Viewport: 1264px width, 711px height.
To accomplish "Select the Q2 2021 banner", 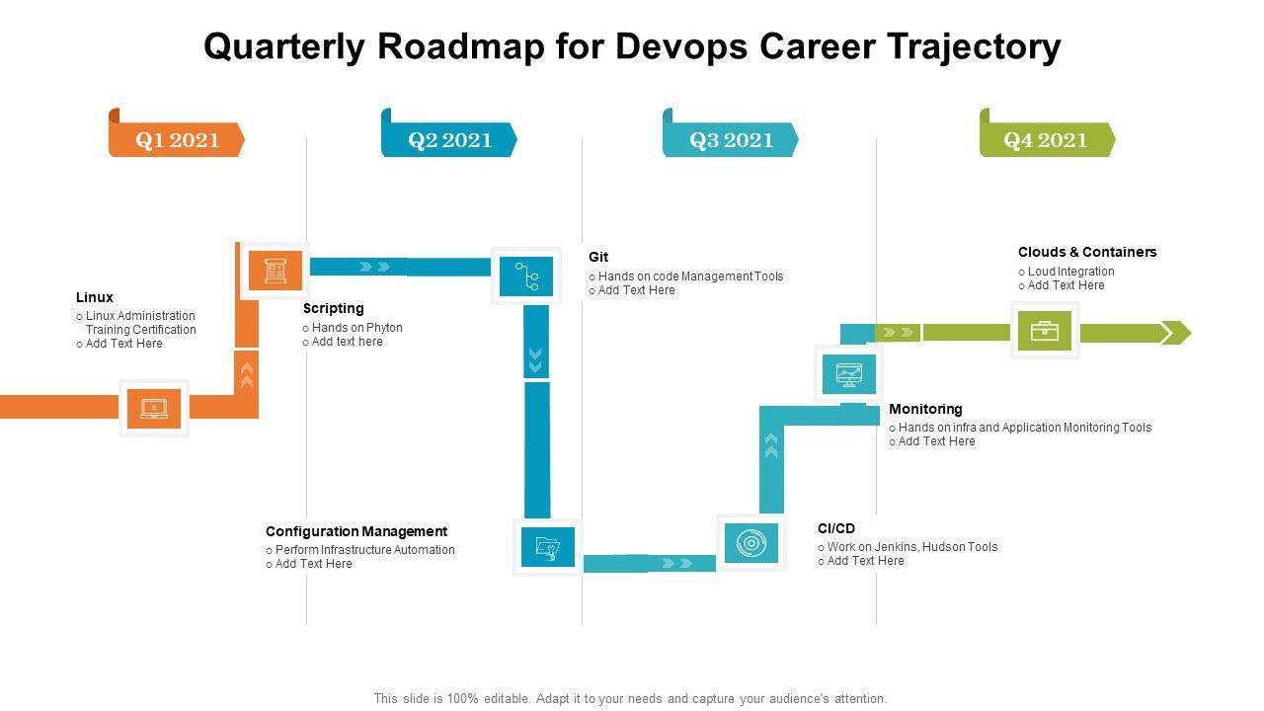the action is (450, 140).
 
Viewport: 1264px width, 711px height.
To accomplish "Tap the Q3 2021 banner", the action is (732, 140).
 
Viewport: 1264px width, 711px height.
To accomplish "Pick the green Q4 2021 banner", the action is (1046, 140).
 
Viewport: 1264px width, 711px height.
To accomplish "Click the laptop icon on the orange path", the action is (154, 408).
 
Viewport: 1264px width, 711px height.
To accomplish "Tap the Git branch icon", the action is (526, 276).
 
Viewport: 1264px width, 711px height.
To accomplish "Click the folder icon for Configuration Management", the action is (548, 547).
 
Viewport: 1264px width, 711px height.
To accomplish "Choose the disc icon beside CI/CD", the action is (751, 543).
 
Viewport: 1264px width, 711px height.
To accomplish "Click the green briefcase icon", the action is (1045, 331).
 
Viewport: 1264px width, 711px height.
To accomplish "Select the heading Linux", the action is (95, 297).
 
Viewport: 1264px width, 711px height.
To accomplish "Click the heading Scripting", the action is (334, 308).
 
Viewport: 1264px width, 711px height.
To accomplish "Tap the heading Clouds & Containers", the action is (1087, 252).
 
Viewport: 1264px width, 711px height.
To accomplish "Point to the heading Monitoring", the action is (925, 409).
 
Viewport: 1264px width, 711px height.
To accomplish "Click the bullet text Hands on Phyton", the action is (357, 328).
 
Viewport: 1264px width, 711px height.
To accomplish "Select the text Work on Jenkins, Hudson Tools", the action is (912, 547).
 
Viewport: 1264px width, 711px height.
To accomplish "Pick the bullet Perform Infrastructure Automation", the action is (365, 550).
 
